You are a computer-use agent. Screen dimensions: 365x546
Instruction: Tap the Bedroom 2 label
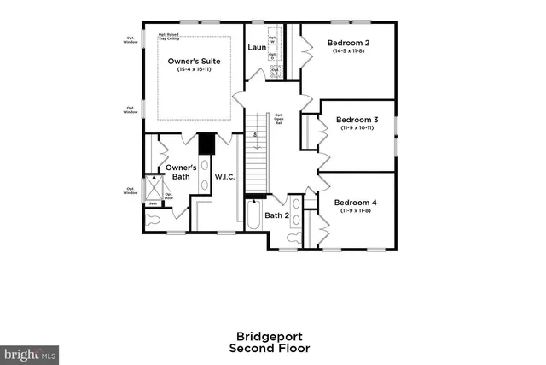click(x=349, y=43)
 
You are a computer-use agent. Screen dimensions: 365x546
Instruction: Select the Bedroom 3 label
click(x=357, y=119)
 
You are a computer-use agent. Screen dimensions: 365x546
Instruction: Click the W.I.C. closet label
click(x=225, y=177)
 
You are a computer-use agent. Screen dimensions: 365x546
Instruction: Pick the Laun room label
click(x=257, y=47)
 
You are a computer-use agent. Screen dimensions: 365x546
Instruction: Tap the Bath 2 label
click(x=275, y=215)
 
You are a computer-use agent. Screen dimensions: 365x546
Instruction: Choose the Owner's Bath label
click(x=181, y=172)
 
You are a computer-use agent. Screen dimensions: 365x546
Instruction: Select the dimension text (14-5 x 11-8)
click(x=349, y=51)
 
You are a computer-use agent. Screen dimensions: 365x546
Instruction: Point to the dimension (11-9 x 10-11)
click(x=357, y=127)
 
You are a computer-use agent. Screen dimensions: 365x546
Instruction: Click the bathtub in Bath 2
click(x=253, y=218)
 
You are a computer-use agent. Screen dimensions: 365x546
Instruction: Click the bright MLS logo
click(x=30, y=352)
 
